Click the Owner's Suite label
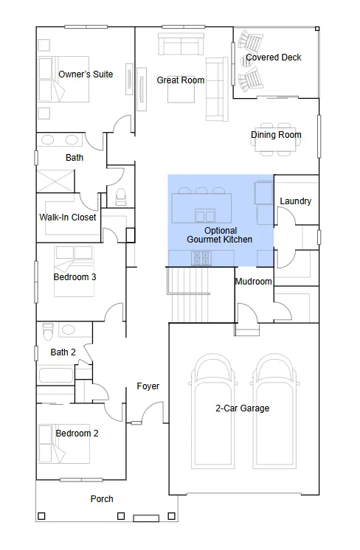point(86,74)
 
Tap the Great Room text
point(180,80)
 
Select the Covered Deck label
point(274,58)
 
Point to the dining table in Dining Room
point(275,139)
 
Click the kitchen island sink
point(205,216)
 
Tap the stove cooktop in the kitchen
point(201,259)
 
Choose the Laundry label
point(295,201)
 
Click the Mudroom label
point(253,282)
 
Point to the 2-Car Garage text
point(243,408)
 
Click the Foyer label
point(148,386)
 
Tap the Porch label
point(102,499)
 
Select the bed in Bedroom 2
point(64,444)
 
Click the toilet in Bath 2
point(47,332)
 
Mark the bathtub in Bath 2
point(56,375)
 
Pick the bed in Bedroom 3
point(74,271)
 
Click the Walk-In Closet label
point(68,217)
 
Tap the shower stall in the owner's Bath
point(55,181)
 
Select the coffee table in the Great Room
point(181,90)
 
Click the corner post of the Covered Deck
point(317,29)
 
